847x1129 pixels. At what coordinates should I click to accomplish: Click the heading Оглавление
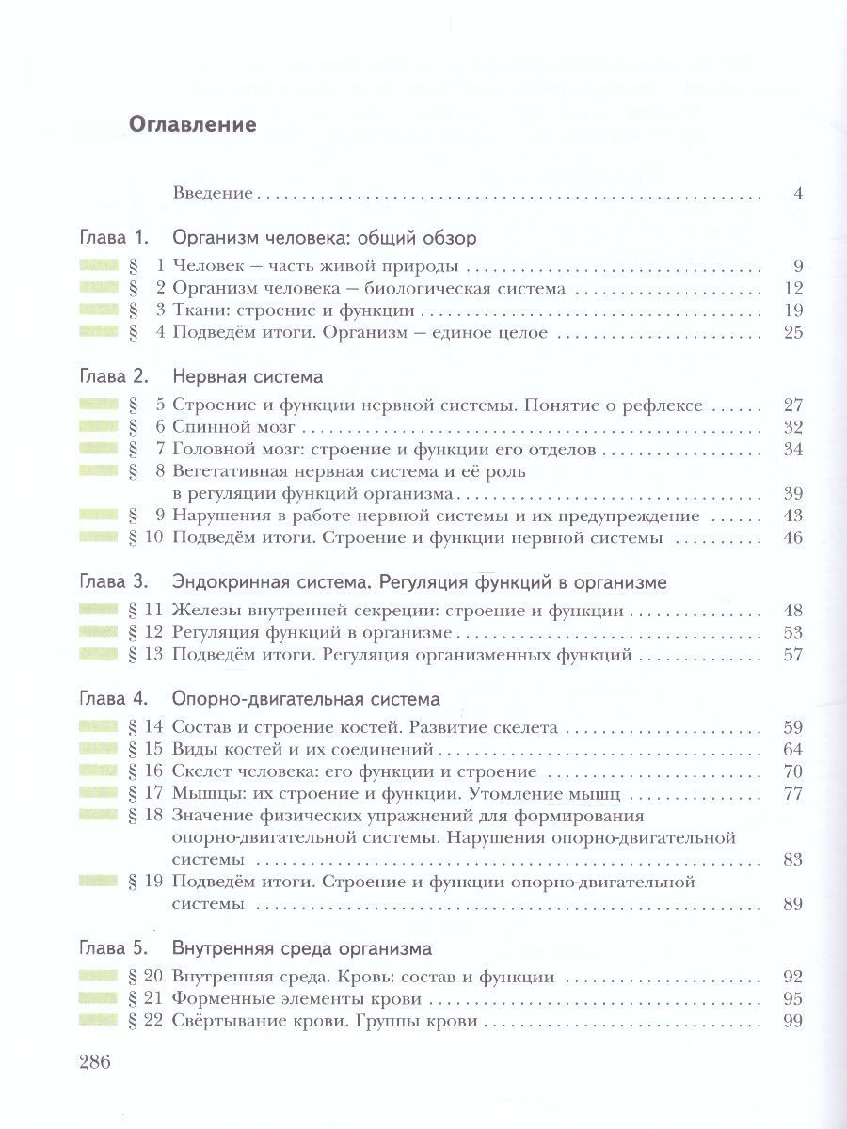pos(192,124)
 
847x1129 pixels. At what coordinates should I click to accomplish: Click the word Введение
pos(214,194)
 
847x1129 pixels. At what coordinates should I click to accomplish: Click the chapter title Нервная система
pos(248,377)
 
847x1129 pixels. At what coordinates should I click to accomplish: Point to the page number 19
pos(791,310)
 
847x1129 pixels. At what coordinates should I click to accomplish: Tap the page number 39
pos(791,493)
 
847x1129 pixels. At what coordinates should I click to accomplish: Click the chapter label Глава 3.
pos(111,582)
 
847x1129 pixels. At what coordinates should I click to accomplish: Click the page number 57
pos(791,654)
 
